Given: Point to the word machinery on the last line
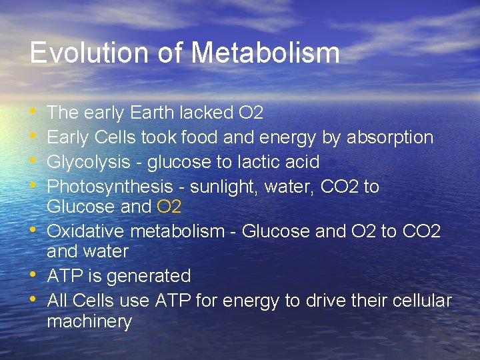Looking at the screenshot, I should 89,321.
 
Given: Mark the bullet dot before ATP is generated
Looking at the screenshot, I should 34,275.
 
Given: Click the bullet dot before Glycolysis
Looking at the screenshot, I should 34,161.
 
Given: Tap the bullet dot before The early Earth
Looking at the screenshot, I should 34,112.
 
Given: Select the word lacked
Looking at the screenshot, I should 211,113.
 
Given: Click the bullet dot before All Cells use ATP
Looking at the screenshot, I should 34,300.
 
